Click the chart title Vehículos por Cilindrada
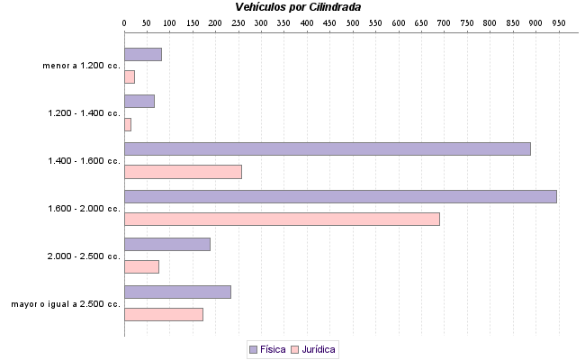(x=297, y=7)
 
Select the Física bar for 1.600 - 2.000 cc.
(x=340, y=196)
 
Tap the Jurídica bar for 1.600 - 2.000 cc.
(x=282, y=219)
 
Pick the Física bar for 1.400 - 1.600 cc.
(x=327, y=148)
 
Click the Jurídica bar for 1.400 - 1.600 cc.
(x=183, y=171)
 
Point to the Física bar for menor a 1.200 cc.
(x=142, y=54)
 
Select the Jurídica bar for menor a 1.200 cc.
(x=130, y=76)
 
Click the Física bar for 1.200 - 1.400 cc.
(x=139, y=101)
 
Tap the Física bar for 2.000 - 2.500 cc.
(x=166, y=244)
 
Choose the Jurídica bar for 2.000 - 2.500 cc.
(x=141, y=266)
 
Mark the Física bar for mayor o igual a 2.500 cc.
(x=177, y=292)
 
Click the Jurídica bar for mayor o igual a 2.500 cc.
(x=163, y=314)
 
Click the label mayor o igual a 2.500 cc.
(x=66, y=304)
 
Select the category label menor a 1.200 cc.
(x=81, y=66)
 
